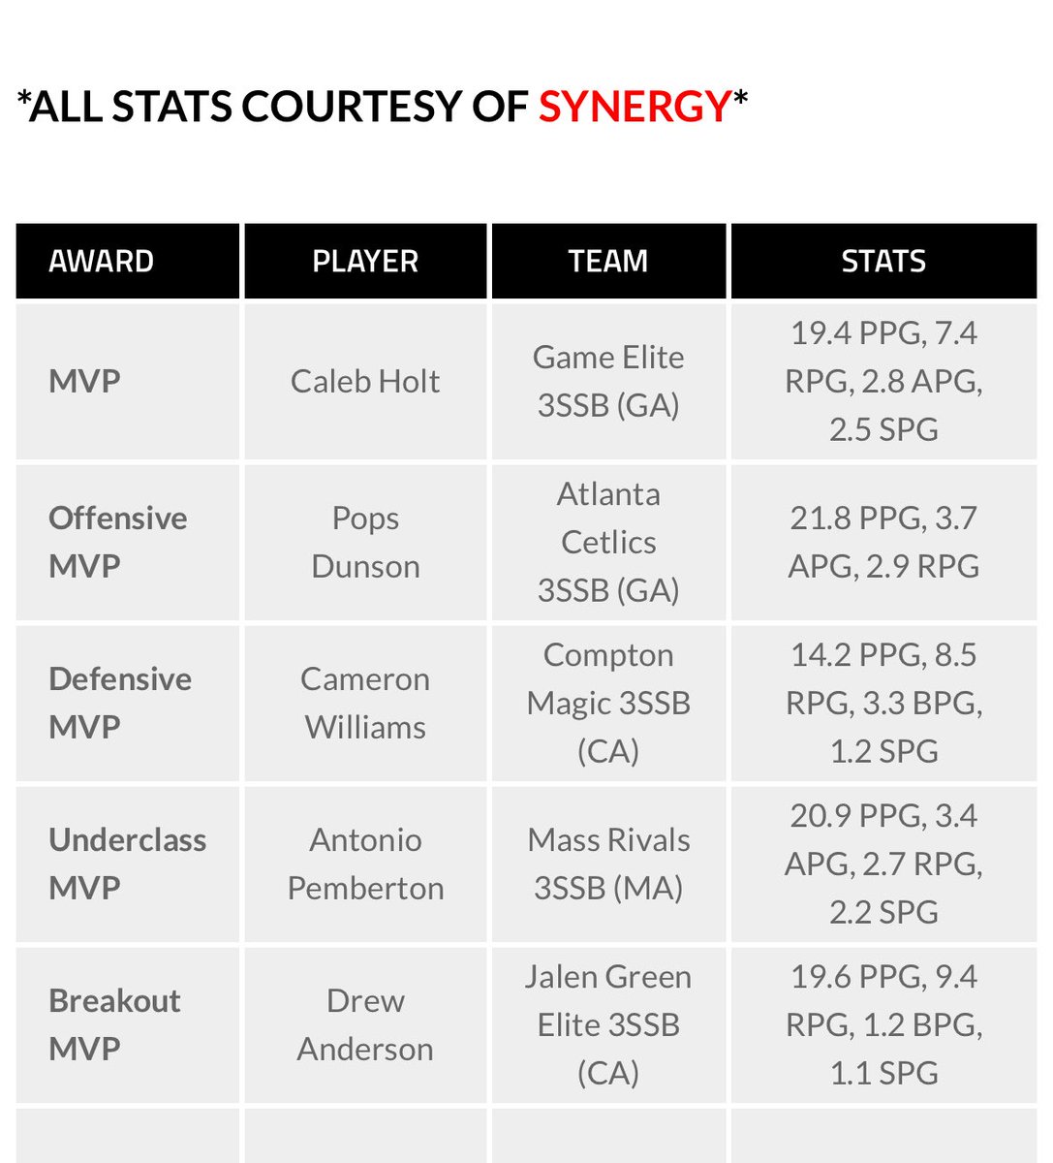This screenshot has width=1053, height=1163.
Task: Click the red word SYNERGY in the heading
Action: (x=634, y=106)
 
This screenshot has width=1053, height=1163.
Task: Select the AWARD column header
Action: (x=101, y=261)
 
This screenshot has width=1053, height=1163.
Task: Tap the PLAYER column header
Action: (x=365, y=261)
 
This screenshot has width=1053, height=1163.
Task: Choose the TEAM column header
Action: (x=608, y=261)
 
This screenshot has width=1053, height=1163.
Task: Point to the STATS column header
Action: (x=883, y=261)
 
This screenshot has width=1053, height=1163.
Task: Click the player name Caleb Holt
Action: (x=365, y=381)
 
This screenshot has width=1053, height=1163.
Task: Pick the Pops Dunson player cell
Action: (x=365, y=542)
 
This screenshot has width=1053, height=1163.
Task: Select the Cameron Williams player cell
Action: (x=365, y=703)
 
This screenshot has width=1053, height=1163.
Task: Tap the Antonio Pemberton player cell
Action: (x=365, y=864)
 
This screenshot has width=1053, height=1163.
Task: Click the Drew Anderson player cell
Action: (x=365, y=1024)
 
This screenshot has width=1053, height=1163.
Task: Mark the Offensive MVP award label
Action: (x=117, y=542)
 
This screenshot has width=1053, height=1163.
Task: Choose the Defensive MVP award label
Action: (x=119, y=703)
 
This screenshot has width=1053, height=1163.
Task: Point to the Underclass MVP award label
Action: (x=127, y=864)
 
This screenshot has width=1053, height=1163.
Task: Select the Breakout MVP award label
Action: (x=114, y=1024)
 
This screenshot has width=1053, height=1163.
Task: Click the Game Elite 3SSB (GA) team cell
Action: (x=608, y=381)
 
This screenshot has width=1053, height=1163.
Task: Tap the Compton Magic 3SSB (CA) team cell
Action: (x=608, y=703)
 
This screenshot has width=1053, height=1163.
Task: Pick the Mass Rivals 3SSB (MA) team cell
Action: (x=608, y=864)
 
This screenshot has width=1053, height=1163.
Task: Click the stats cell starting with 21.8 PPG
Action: (x=883, y=542)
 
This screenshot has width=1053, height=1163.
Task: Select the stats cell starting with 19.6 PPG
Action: (x=883, y=1024)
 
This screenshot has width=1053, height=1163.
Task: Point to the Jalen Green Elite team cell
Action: (x=608, y=1024)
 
